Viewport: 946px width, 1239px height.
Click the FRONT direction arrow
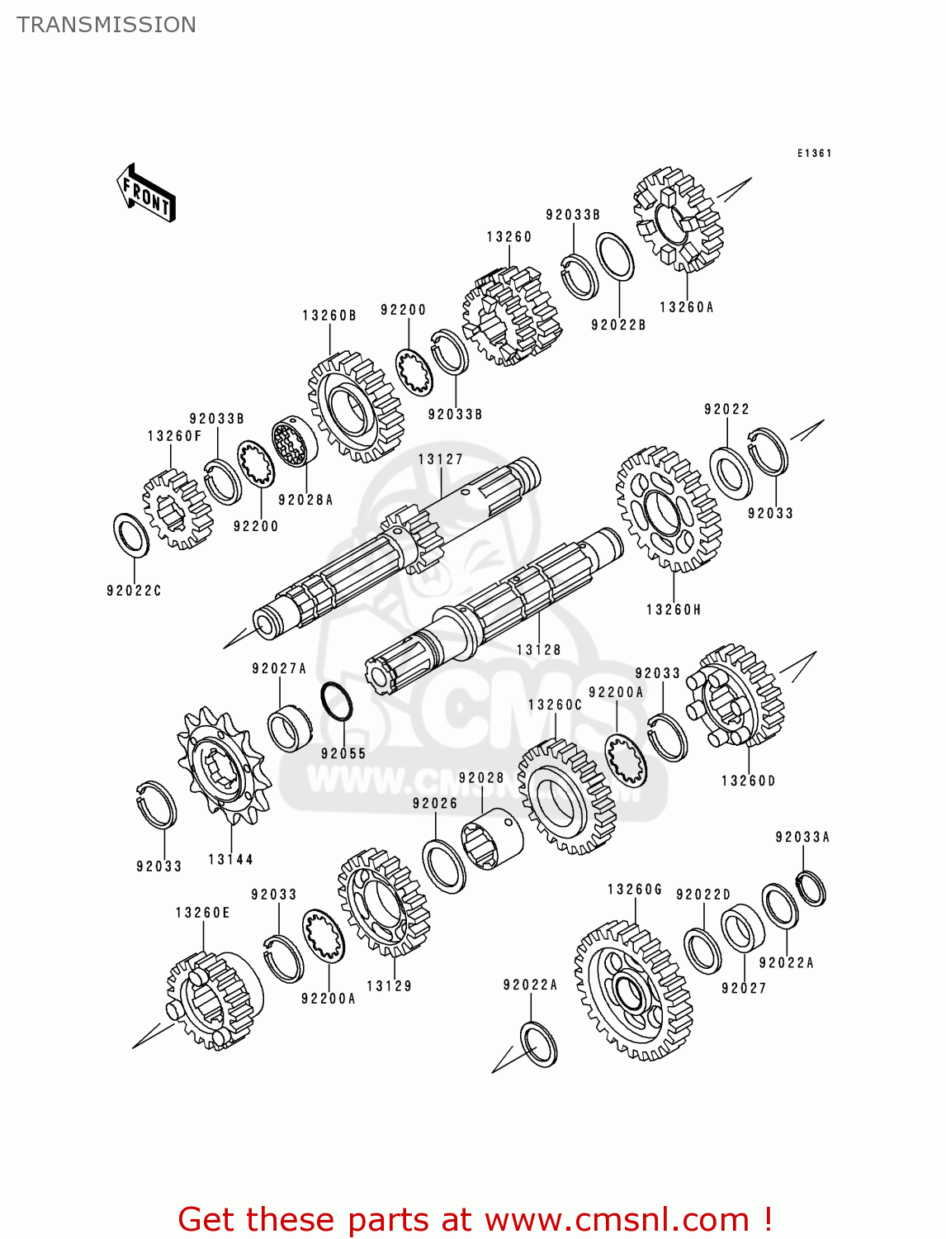[147, 193]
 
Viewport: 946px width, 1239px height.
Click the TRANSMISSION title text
[106, 25]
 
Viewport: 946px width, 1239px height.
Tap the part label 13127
[440, 459]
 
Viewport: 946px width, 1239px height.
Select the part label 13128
[538, 650]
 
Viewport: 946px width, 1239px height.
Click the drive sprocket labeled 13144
[222, 766]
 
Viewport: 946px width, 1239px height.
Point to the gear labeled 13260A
[678, 221]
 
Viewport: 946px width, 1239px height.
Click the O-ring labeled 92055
[336, 701]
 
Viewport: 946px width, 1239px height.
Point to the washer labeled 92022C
[131, 534]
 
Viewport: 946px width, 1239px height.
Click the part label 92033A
[802, 837]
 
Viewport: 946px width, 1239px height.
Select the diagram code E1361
[814, 153]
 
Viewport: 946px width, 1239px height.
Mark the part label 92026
[435, 803]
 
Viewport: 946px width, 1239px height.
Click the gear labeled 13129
[383, 901]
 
